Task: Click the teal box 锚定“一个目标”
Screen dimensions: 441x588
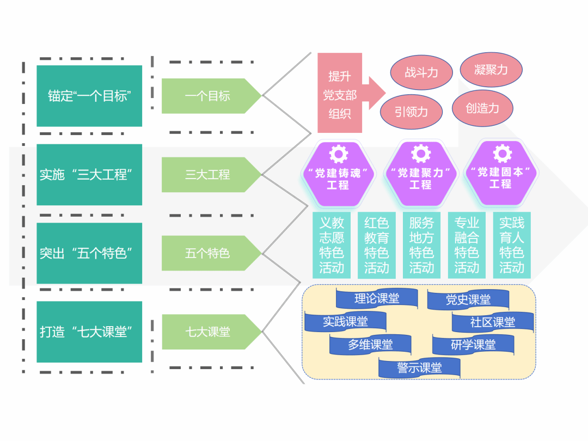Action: point(89,96)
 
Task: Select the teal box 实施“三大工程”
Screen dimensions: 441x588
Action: point(89,175)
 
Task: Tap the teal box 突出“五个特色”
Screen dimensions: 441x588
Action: point(89,253)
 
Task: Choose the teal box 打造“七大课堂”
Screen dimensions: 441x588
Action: point(89,332)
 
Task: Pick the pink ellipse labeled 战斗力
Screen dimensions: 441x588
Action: point(421,72)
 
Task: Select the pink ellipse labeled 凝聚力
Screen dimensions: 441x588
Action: point(491,69)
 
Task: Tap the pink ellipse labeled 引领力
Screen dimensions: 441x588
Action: point(411,112)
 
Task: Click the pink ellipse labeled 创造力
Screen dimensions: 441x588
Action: point(482,108)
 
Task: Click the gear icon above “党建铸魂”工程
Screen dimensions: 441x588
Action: point(338,154)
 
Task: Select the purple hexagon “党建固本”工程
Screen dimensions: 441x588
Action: point(500,173)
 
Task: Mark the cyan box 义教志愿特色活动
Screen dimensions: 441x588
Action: point(332,245)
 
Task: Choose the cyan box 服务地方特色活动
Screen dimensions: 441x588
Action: point(421,245)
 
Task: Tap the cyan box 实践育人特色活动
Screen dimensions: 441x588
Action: point(512,245)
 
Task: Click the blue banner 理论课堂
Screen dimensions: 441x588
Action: point(377,298)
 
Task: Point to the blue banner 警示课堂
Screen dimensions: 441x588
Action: point(419,367)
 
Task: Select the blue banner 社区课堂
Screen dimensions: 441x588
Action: point(492,322)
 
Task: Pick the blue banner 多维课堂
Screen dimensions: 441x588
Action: point(370,345)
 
